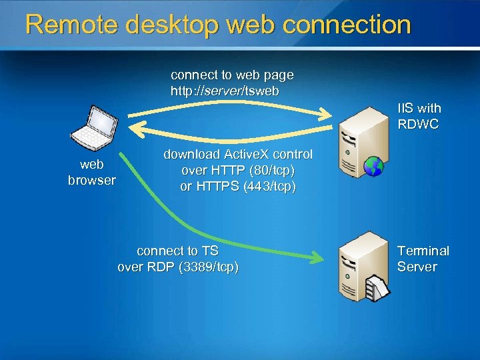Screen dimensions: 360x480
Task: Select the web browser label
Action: [x=91, y=173]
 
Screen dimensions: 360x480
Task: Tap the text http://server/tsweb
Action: [x=225, y=90]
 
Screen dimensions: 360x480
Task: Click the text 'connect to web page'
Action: [x=232, y=75]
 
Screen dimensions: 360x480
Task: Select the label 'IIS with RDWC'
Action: [x=419, y=116]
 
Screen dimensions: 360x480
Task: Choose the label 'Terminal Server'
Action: [x=423, y=259]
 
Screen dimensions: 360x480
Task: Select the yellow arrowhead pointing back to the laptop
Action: [x=135, y=127]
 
